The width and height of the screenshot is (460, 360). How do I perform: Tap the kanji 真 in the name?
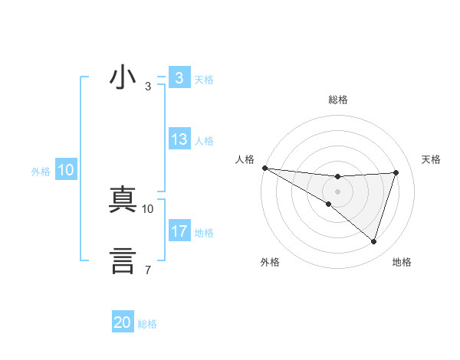(x=123, y=200)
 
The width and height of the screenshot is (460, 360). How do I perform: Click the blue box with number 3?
(x=179, y=78)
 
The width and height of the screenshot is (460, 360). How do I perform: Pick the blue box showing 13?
(x=179, y=140)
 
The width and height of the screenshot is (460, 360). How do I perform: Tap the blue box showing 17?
(x=179, y=231)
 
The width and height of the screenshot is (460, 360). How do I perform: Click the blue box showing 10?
(x=66, y=171)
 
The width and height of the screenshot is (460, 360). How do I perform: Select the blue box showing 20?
(x=123, y=323)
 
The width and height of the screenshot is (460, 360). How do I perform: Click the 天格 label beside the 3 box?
(x=204, y=79)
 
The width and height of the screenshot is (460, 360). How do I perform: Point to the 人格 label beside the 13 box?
(x=204, y=141)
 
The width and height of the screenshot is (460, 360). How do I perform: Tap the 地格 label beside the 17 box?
(x=204, y=232)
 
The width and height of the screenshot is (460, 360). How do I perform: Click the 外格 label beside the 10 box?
(x=41, y=172)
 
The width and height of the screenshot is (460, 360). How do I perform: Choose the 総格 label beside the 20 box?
(x=148, y=324)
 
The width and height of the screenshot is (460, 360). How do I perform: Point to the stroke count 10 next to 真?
(x=148, y=208)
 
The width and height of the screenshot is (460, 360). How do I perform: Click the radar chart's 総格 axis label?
(x=337, y=100)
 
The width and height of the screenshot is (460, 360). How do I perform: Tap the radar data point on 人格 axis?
(x=264, y=168)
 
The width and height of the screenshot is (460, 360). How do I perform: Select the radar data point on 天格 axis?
(x=396, y=172)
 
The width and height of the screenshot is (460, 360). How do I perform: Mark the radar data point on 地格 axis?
(x=374, y=241)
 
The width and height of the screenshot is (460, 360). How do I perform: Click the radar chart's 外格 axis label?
(x=270, y=262)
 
